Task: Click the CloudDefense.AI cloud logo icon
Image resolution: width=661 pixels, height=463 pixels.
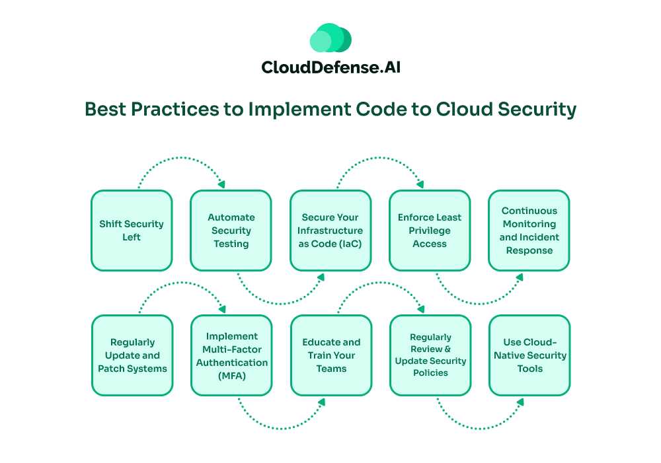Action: tap(330, 39)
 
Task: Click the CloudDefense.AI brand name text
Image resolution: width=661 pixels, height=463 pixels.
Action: tap(330, 67)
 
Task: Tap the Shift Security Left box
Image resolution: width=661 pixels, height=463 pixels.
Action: tap(132, 231)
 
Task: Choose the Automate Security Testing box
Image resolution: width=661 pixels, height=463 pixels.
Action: tap(231, 231)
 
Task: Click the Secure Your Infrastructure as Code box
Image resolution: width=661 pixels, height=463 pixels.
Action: tap(330, 231)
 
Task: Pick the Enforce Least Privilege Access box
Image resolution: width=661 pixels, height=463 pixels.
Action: tap(430, 231)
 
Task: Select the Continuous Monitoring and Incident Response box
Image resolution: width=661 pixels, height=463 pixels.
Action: tap(529, 231)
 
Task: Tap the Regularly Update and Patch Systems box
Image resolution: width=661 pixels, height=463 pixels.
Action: tap(132, 355)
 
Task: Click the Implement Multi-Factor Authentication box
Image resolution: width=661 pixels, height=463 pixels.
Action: tap(231, 355)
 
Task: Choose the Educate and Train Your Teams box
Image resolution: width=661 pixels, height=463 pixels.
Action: tap(330, 355)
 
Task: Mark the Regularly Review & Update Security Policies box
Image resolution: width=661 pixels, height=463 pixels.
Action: tap(430, 355)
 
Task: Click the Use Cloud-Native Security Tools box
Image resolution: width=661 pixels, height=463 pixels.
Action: tap(529, 355)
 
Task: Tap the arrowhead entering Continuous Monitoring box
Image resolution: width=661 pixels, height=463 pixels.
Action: tap(520, 277)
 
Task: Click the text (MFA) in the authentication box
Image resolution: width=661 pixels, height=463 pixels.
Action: tap(231, 376)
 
